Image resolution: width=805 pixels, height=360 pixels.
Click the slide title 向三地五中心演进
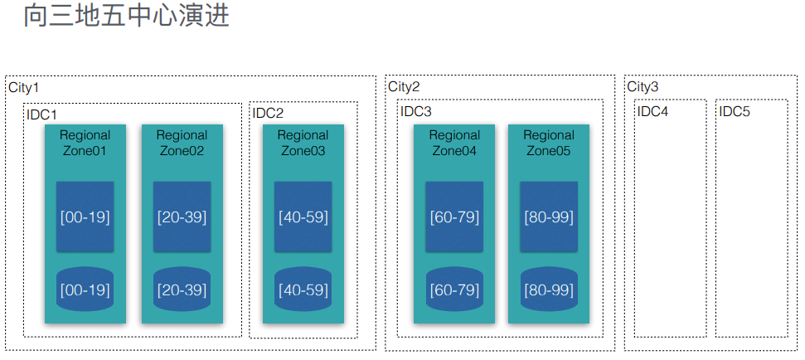click(x=126, y=16)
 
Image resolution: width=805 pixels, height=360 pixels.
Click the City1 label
click(x=23, y=87)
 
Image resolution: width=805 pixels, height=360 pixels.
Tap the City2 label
click(x=404, y=86)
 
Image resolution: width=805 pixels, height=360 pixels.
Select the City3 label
click(x=643, y=86)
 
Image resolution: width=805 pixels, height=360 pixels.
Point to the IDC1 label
click(x=41, y=114)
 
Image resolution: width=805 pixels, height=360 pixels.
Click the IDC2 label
click(x=268, y=113)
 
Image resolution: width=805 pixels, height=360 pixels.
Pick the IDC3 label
click(x=416, y=111)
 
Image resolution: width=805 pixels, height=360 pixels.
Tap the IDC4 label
click(x=652, y=111)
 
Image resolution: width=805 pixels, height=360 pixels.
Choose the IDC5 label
click(x=735, y=111)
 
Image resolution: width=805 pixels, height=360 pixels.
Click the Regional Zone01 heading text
click(x=85, y=143)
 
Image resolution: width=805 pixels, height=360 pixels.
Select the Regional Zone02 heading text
click(x=182, y=143)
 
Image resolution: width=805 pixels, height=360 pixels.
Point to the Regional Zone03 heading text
click(x=303, y=143)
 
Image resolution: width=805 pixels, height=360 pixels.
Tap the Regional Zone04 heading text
click(x=454, y=143)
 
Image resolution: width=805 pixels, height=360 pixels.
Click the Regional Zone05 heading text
click(x=549, y=143)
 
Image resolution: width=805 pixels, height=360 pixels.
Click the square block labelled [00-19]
click(x=85, y=216)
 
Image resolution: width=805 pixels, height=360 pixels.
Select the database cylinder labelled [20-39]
click(x=182, y=289)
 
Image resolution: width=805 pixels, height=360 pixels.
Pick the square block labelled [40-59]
click(x=303, y=216)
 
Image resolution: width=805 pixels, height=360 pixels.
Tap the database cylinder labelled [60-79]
click(x=454, y=289)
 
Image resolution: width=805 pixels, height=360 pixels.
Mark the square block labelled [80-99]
click(x=549, y=216)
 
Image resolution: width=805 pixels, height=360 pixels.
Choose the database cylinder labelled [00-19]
click(x=85, y=289)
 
